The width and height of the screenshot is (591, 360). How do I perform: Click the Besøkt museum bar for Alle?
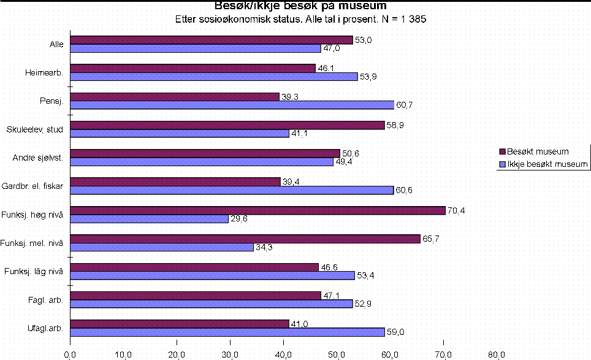[x=212, y=40]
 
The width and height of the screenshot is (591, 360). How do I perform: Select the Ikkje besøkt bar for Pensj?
[x=232, y=105]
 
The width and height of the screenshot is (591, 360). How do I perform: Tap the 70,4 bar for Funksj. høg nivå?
[x=258, y=210]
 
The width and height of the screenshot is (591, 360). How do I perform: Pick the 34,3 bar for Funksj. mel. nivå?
[x=162, y=247]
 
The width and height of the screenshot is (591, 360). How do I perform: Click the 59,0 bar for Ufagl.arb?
[x=227, y=332]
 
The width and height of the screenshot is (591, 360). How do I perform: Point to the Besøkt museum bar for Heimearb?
[x=193, y=68]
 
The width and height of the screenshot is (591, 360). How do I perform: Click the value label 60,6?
[x=404, y=190]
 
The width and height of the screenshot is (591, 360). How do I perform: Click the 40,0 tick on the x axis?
[x=284, y=354]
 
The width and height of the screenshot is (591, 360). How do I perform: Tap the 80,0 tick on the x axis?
[x=497, y=354]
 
